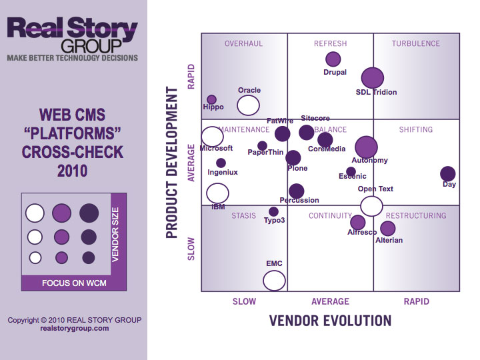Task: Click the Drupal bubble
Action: [x=333, y=59]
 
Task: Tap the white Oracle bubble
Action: [x=249, y=105]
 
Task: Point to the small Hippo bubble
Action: [x=212, y=100]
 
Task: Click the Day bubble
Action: [x=448, y=174]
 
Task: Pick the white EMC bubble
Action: [x=274, y=280]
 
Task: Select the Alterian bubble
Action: [x=388, y=229]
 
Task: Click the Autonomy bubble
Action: [x=366, y=147]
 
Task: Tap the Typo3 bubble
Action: [x=273, y=212]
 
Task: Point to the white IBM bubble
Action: [x=217, y=193]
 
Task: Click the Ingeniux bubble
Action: [x=221, y=163]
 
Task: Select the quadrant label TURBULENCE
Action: [x=416, y=44]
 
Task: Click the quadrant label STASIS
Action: [x=243, y=216]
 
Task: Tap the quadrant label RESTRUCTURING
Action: [x=416, y=216]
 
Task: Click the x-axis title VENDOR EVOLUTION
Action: [x=330, y=321]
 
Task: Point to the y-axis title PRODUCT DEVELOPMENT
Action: [x=172, y=161]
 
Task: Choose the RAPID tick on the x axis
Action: [x=417, y=301]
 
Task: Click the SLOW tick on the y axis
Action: [x=192, y=248]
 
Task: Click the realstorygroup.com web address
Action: [x=75, y=328]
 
